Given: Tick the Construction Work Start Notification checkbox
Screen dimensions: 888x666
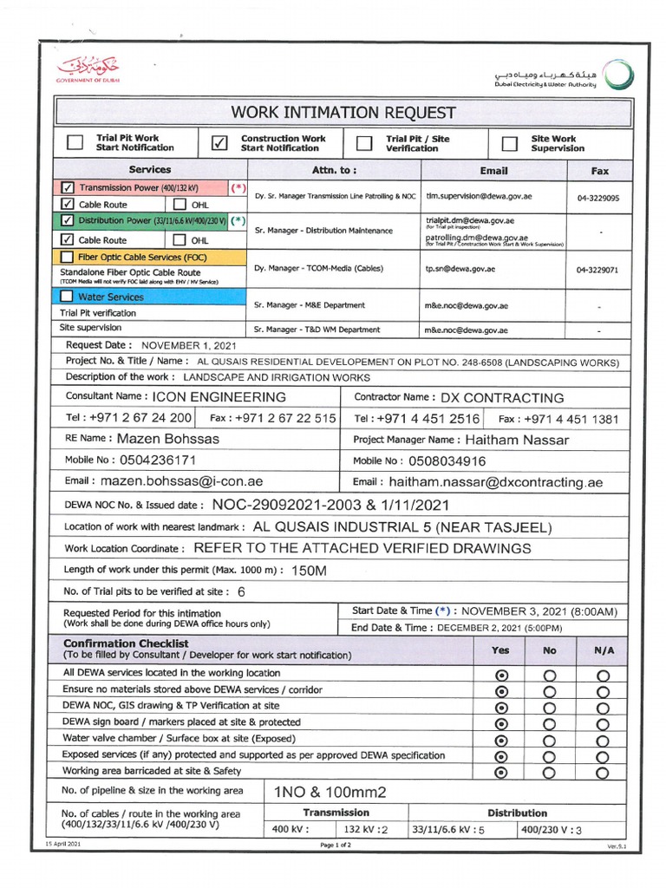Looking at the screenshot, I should pos(219,143).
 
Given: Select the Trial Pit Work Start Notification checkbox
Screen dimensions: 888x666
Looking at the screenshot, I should pos(75,143).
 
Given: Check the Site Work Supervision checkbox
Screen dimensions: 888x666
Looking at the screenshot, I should pos(508,143).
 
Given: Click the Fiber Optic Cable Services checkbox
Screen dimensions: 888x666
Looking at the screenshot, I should pos(68,257).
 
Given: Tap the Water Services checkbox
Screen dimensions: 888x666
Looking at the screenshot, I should pos(68,297).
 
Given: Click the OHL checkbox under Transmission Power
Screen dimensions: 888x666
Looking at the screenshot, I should pos(180,205).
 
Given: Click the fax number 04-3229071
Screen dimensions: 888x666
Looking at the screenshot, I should pos(597,270).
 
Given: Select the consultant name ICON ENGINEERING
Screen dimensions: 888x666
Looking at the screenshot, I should pos(219,397).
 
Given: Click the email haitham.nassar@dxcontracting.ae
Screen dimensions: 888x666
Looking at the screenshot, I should pos(495,482).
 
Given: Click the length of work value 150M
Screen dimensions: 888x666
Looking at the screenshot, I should pos(310,571).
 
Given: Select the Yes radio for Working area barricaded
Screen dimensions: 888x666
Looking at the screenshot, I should pos(500,773).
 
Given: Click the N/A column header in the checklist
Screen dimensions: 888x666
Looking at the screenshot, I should pos(604,650).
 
